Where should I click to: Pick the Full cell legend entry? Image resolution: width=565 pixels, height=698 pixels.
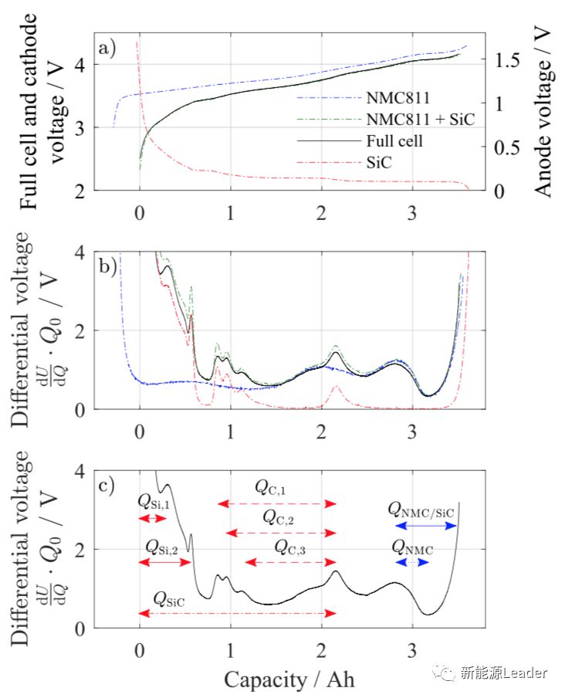pos(395,142)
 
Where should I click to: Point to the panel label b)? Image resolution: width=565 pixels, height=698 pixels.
pos(107,267)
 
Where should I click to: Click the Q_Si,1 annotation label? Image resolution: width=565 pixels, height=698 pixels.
pos(154,501)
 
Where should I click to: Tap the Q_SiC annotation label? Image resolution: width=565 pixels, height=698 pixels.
pos(170,598)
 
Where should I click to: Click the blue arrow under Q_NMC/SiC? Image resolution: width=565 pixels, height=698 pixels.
pos(425,527)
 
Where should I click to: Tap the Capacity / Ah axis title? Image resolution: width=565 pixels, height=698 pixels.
pos(290,679)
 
